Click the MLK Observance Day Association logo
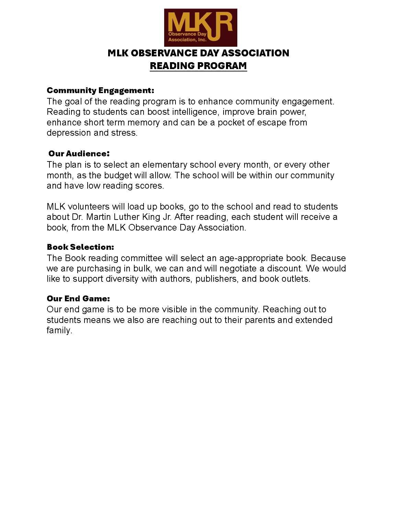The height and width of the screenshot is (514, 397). pos(201,28)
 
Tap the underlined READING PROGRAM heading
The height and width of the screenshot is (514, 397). pos(198,66)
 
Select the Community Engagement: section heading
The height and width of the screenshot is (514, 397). pos(100,90)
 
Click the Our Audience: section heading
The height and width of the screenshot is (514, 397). pos(79,153)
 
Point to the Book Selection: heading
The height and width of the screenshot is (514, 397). pos(80,247)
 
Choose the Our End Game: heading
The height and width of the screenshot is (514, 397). pos(78,298)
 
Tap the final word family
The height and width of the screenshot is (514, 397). pos(59,331)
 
